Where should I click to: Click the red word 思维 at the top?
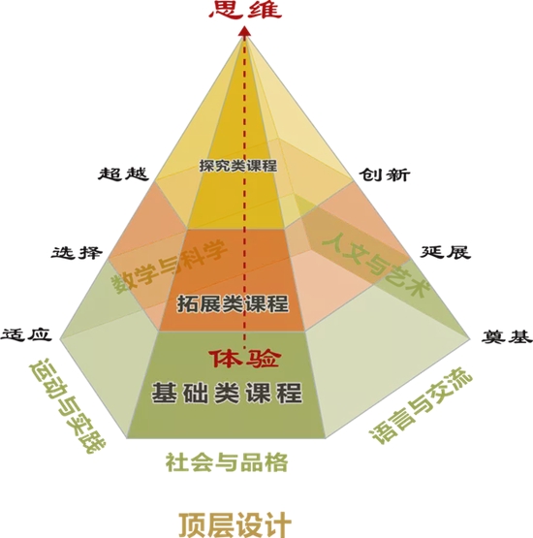[245, 10]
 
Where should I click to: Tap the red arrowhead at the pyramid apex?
[244, 32]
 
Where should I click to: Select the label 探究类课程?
[238, 166]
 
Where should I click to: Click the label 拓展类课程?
[233, 303]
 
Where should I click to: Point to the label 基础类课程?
[227, 393]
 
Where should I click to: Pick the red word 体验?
[245, 359]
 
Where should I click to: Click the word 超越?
[123, 174]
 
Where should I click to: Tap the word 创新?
[384, 174]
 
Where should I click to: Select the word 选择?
[77, 253]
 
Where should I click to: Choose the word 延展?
[445, 252]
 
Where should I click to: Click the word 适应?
[26, 334]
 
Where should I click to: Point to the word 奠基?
[507, 336]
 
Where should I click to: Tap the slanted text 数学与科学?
[169, 267]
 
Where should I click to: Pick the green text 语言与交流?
[422, 405]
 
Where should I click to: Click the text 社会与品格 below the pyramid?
[227, 462]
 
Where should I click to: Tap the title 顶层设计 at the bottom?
[235, 525]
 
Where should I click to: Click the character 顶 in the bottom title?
[193, 525]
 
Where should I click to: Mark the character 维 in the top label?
[265, 10]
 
